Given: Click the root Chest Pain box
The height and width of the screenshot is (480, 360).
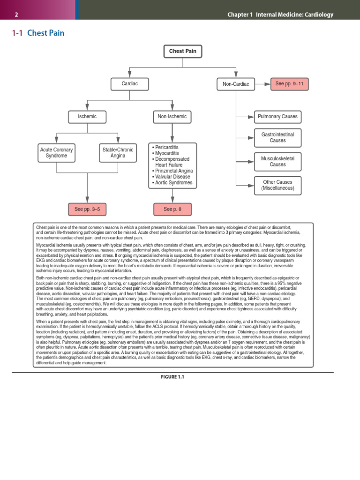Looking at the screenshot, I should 182,51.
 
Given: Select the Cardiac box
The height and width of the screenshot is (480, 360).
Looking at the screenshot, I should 129,84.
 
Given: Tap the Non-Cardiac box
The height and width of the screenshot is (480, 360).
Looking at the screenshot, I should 235,84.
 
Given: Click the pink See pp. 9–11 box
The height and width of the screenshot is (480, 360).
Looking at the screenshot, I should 289,84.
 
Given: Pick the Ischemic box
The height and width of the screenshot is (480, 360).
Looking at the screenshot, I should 87,116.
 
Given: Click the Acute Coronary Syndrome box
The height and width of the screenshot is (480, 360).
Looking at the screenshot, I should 56,153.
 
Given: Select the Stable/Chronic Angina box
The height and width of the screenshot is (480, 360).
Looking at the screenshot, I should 118,153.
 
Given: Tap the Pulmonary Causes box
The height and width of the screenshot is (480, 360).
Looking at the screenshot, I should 277,117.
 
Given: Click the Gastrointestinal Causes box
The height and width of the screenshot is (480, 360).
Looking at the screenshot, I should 277,138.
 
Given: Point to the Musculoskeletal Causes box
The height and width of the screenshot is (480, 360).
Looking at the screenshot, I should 277,162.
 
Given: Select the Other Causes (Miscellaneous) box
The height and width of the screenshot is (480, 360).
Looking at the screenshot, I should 277,185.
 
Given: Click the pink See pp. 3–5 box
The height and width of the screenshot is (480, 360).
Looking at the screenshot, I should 87,209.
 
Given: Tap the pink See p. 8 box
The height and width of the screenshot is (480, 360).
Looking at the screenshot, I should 172,209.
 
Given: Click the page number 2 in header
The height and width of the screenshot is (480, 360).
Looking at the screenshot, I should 16,15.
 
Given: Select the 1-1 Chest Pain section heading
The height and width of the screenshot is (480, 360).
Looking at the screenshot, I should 37,33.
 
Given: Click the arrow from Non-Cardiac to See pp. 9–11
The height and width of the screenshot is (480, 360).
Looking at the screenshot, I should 262,84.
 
